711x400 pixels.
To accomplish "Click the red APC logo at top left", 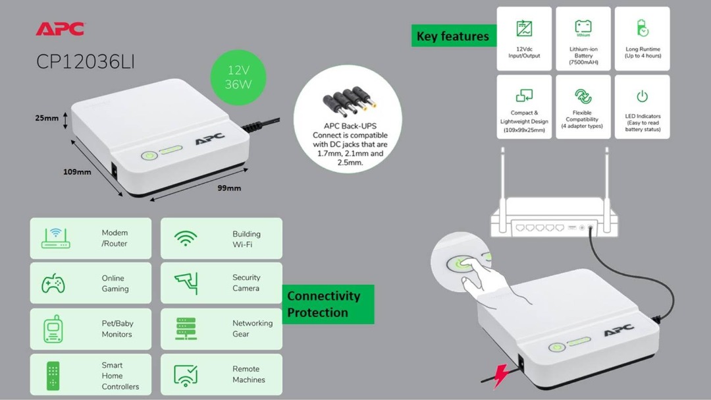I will [60, 29].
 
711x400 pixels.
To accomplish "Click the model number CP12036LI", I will [86, 62].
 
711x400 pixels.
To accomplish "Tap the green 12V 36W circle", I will [237, 77].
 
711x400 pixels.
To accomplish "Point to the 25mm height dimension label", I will [47, 119].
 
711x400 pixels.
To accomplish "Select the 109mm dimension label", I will [77, 172].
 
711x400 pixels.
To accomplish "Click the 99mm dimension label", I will [229, 188].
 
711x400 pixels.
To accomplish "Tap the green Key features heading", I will [453, 36].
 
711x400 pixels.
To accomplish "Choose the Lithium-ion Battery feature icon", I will [583, 28].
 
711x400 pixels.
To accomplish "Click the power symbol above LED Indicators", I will [642, 97].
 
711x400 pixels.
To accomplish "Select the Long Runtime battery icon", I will [643, 28].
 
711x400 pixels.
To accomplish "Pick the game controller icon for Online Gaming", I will [53, 284].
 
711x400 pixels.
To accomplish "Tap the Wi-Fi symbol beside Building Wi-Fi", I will [186, 239].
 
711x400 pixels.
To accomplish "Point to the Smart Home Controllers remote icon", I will [53, 375].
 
